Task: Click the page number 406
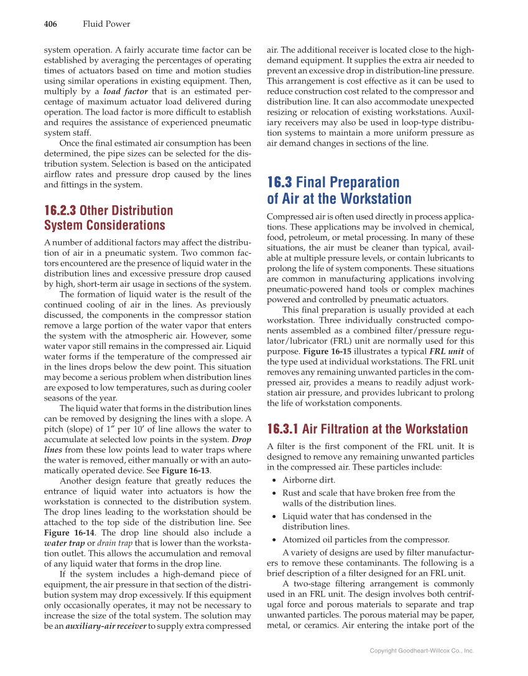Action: [x=50, y=24]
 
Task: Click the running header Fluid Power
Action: [x=106, y=24]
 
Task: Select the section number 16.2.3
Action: [x=61, y=210]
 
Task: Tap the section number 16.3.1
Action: [x=283, y=429]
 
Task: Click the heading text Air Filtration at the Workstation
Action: [x=385, y=429]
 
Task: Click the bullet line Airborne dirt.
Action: [x=308, y=480]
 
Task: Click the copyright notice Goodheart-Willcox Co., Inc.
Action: [x=422, y=651]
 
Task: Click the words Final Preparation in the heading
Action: [x=348, y=182]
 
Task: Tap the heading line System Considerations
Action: [x=104, y=225]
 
